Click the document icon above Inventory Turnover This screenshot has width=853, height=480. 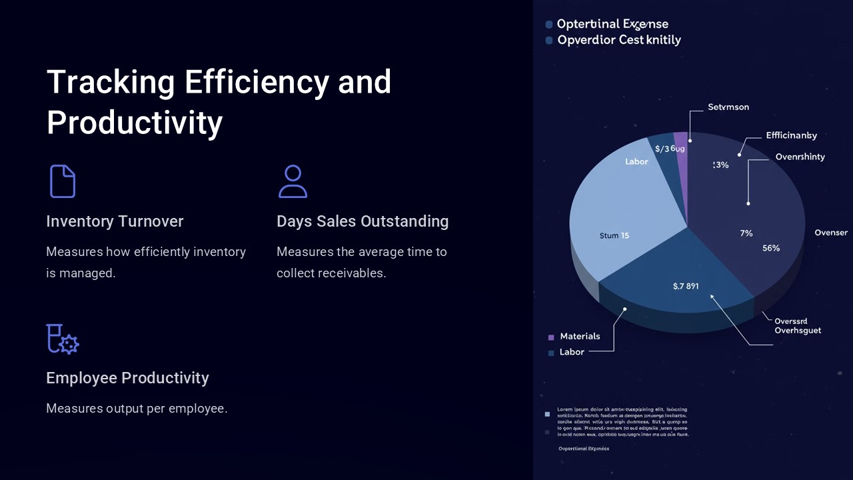pyautogui.click(x=63, y=181)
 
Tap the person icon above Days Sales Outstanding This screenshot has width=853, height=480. pyautogui.click(x=293, y=181)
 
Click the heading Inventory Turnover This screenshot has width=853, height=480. pyautogui.click(x=115, y=221)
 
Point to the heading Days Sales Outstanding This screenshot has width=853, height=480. pyautogui.click(x=363, y=221)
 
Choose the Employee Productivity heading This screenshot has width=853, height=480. pyautogui.click(x=127, y=378)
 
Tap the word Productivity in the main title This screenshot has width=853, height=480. pyautogui.click(x=135, y=123)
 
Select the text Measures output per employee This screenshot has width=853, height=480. pyautogui.click(x=137, y=408)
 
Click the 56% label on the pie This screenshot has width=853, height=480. pyautogui.click(x=771, y=248)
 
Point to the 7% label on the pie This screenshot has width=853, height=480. pyautogui.click(x=746, y=233)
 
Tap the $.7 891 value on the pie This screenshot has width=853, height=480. pyautogui.click(x=686, y=286)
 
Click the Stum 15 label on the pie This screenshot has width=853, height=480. pyautogui.click(x=614, y=235)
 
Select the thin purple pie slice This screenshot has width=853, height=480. pyautogui.click(x=681, y=153)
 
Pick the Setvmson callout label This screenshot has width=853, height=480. pyautogui.click(x=728, y=107)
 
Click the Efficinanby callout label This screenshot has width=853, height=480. pyautogui.click(x=791, y=135)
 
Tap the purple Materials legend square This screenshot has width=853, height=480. pyautogui.click(x=551, y=337)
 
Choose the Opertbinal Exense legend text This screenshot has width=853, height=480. pyautogui.click(x=612, y=24)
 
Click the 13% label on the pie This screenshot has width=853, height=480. pyautogui.click(x=720, y=165)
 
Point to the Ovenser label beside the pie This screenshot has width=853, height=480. pyautogui.click(x=831, y=233)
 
